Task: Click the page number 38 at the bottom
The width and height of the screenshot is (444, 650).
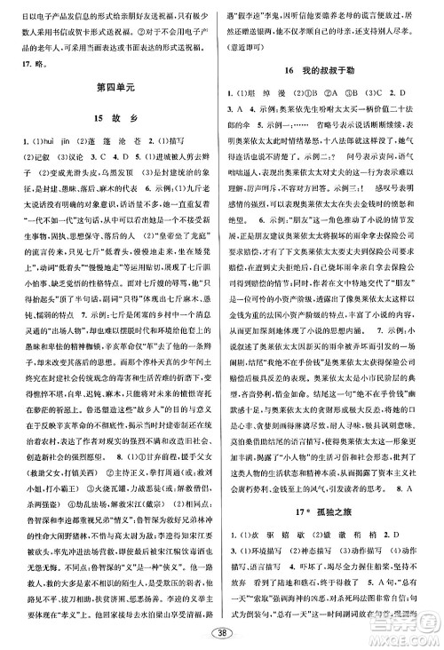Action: pyautogui.click(x=222, y=633)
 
